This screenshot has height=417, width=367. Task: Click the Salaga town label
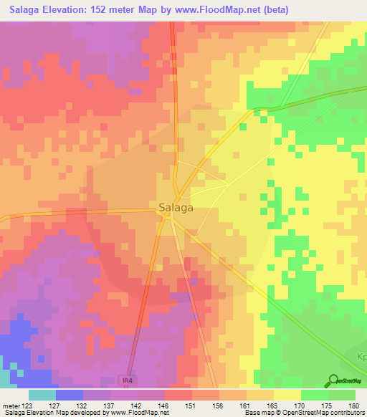[176, 208]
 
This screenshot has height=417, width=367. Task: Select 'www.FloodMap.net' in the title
[227, 9]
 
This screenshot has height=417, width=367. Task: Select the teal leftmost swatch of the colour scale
[42, 395]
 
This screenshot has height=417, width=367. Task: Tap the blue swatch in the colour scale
[69, 395]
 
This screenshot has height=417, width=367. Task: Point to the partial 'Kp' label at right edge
[361, 356]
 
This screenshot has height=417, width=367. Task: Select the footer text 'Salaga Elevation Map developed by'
[53, 413]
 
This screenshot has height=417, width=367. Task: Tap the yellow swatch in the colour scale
[287, 395]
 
